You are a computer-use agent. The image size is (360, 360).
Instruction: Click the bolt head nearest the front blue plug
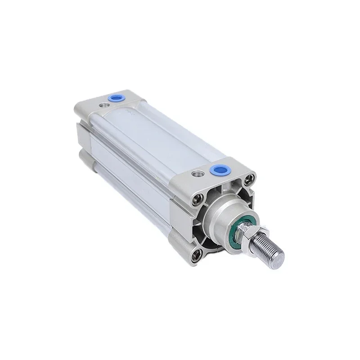[247, 183]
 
